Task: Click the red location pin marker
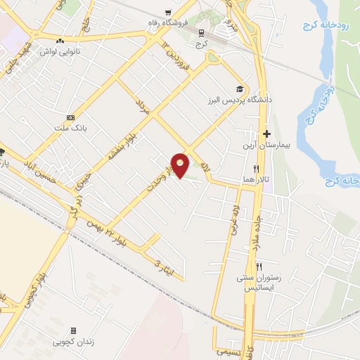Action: [x=181, y=164]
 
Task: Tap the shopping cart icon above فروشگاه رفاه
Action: [x=167, y=13]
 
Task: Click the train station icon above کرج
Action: [x=202, y=32]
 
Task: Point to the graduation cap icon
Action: [x=240, y=89]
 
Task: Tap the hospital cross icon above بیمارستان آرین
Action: [x=266, y=134]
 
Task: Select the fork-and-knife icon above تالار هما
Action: [x=257, y=169]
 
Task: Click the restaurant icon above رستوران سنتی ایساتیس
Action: [x=259, y=266]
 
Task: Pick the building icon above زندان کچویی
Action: [x=72, y=330]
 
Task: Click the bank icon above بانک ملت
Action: [x=70, y=117]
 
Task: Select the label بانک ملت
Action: [x=70, y=129]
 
